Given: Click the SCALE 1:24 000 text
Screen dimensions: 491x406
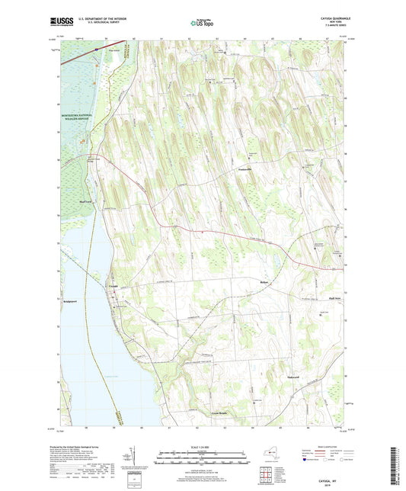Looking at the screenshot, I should coord(202,447).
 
